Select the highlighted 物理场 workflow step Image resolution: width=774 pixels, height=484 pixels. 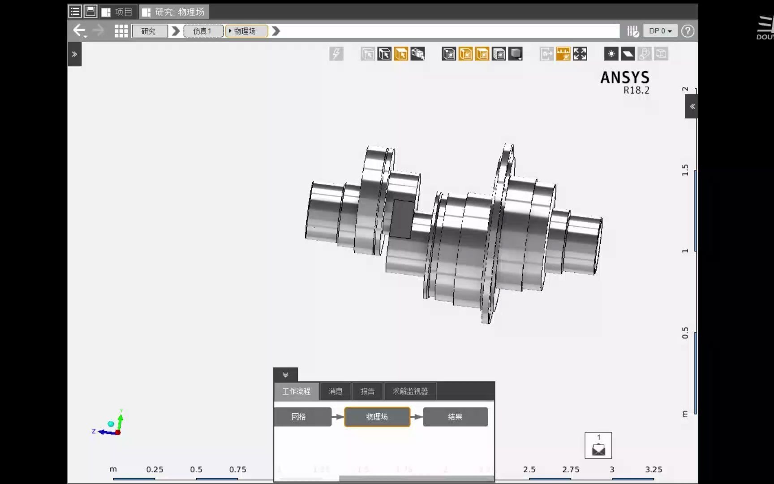pos(377,417)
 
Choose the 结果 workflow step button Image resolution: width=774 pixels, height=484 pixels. pos(455,417)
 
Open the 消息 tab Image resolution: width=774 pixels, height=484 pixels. pos(335,391)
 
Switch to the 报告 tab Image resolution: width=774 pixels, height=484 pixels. pos(367,391)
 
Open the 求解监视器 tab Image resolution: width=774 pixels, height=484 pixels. pos(410,391)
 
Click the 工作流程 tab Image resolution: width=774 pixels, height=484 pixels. pos(296,391)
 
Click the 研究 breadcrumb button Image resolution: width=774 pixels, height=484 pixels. pos(149,31)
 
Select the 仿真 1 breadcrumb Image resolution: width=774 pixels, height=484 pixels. pos(202,31)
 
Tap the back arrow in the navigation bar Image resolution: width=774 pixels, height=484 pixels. pos(79,30)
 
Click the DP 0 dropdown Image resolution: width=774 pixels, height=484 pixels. pos(660,31)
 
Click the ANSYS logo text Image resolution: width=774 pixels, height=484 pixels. pos(624,78)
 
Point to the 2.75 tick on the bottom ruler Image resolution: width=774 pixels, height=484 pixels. pos(571,470)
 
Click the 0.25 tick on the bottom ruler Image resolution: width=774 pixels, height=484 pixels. pos(155,470)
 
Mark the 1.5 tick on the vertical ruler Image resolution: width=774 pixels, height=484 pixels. pos(685,170)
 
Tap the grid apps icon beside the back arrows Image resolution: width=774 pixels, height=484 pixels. pos(121,31)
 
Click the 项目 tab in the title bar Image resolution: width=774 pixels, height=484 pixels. pos(117,12)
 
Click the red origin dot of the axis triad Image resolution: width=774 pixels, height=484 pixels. pos(118,432)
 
